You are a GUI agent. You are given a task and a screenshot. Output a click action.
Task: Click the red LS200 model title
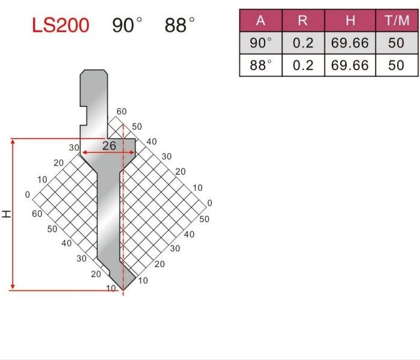(x=61, y=25)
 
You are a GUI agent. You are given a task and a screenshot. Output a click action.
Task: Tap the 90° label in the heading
(x=127, y=25)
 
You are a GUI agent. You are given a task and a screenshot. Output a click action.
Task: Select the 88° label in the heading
(x=179, y=25)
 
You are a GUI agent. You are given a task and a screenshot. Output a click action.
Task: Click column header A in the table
(x=260, y=20)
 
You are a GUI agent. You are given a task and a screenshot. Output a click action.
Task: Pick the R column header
(x=303, y=20)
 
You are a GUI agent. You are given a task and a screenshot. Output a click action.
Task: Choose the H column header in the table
(x=350, y=20)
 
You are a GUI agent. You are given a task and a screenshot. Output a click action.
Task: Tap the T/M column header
(x=397, y=20)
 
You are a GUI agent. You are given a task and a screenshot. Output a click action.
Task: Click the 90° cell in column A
(x=260, y=43)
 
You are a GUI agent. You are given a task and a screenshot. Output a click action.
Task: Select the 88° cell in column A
(x=260, y=65)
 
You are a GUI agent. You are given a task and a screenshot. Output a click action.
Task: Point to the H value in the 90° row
(x=350, y=43)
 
